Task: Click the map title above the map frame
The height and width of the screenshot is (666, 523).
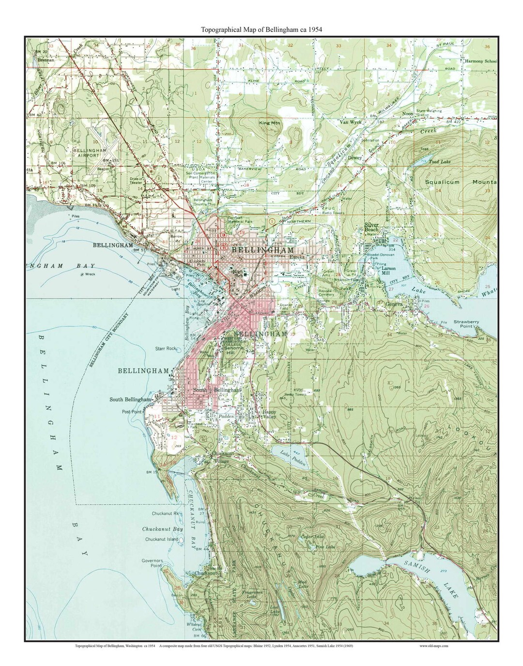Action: [261, 29]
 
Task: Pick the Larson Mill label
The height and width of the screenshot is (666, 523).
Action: [388, 271]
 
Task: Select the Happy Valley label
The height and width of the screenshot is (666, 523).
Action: [272, 414]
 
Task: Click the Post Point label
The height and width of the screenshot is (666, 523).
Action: [132, 412]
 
